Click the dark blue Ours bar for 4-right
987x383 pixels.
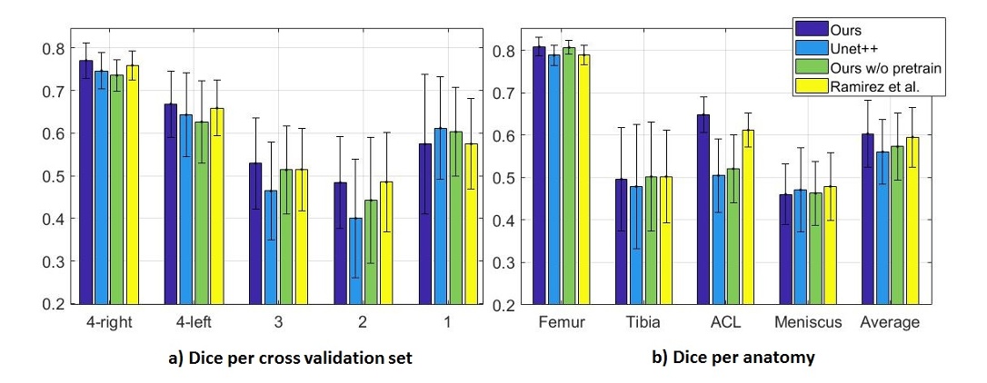pyautogui.click(x=86, y=182)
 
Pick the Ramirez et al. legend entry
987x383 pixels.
pyautogui.click(x=873, y=86)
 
